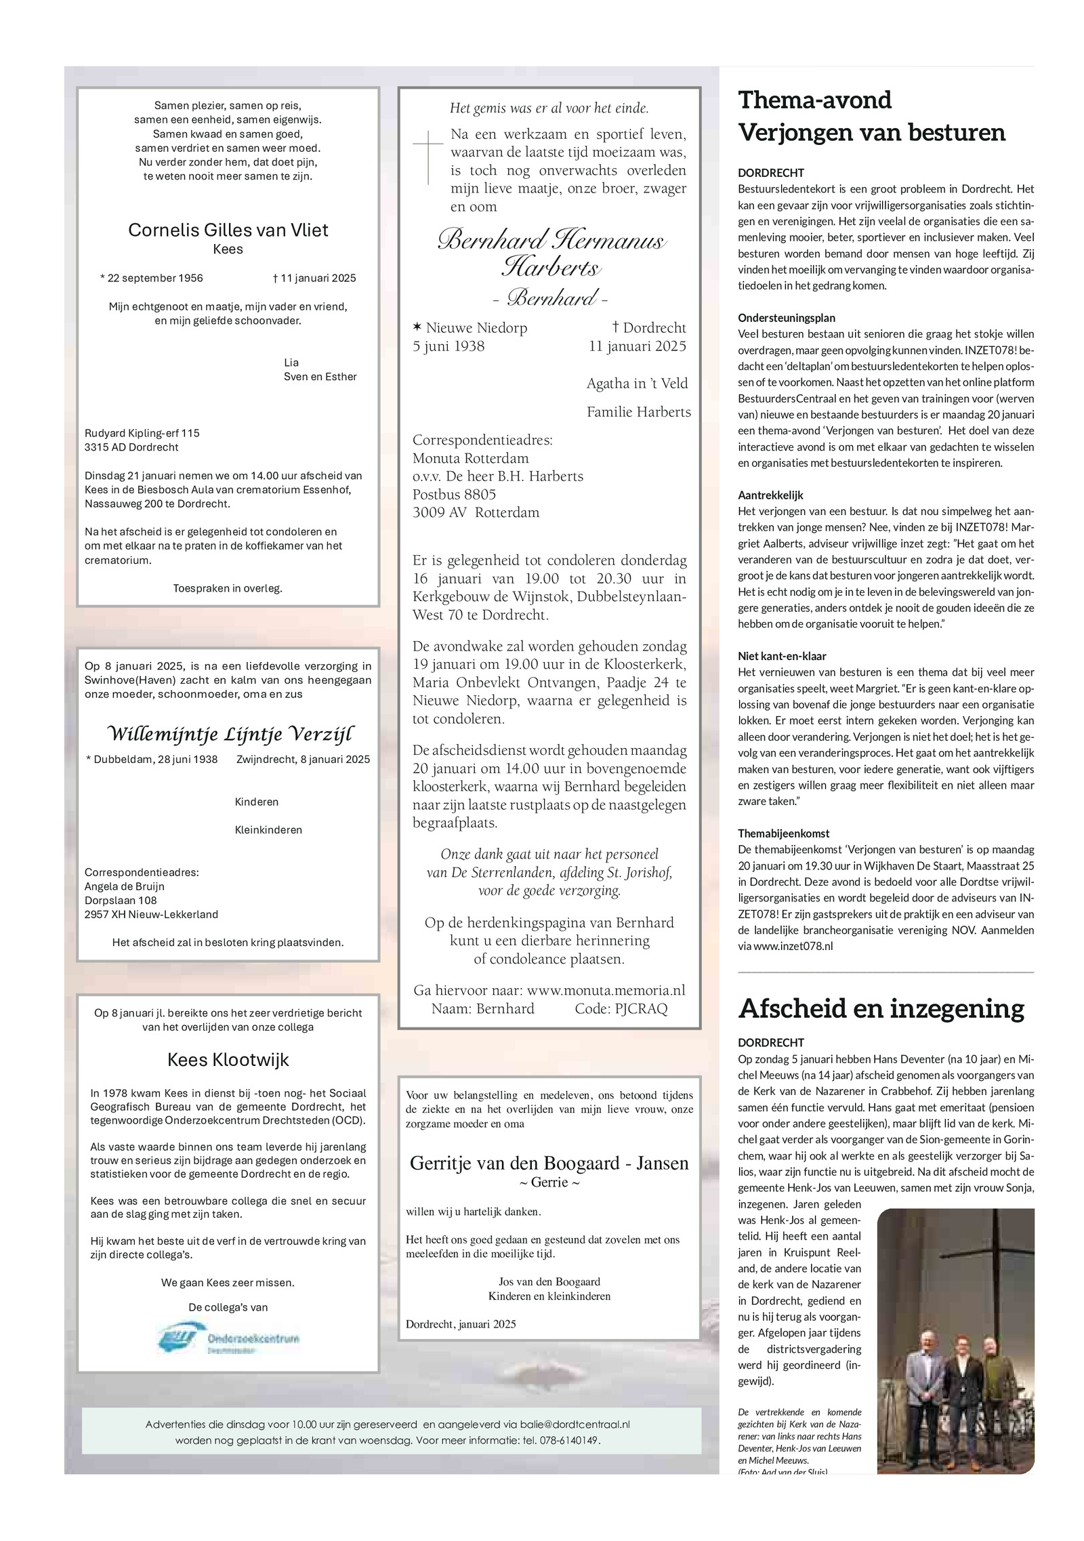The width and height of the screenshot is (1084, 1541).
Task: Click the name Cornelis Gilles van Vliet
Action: [x=228, y=230]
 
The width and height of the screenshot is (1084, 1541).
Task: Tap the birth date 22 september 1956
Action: [x=151, y=278]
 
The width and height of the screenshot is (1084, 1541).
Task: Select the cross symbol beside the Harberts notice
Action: [x=428, y=157]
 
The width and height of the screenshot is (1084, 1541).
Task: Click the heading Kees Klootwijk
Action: [x=228, y=1060]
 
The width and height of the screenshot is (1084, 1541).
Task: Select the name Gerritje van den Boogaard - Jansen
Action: [x=549, y=1163]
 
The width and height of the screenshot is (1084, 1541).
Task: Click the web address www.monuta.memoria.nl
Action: [x=606, y=990]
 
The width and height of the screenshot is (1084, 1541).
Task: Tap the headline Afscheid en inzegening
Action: [x=881, y=1008]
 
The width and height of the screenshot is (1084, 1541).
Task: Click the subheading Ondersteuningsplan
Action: [x=786, y=318]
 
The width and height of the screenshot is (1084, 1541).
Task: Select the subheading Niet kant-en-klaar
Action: [x=782, y=656]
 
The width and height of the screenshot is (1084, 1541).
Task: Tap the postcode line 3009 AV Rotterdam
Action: [x=476, y=512]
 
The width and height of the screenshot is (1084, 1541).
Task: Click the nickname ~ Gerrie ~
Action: [x=549, y=1183]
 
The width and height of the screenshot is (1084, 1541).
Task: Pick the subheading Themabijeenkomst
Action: [x=783, y=834]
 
